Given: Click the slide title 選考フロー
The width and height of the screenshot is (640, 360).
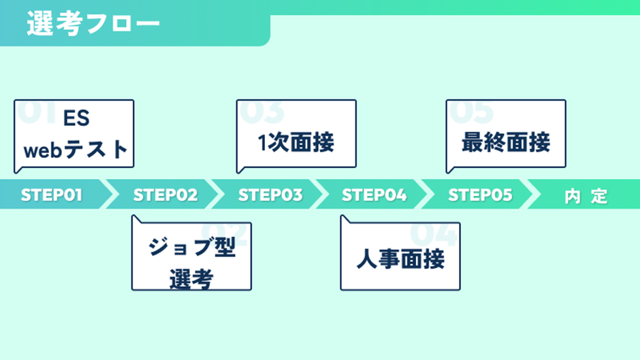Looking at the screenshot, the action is coord(93,23).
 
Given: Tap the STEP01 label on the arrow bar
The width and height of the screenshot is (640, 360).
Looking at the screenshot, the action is coord(52,195).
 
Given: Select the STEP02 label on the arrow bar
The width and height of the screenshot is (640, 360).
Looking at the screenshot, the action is coord(165,195).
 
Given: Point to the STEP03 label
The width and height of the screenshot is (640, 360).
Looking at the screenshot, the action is coord(270,195).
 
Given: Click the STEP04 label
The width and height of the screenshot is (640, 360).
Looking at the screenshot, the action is coord(374,195).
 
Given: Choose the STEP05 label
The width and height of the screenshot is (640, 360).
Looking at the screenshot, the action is coord(480,195).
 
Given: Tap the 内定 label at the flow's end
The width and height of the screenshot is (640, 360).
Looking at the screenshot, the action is coord(586,196).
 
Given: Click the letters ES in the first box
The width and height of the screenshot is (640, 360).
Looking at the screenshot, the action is coord(76,118).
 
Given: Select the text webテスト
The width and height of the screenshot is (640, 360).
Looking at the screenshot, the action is coord(76,150).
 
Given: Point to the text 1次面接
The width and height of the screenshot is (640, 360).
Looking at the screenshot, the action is coord(296,142).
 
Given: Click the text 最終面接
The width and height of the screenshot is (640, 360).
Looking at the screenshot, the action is coord(506,142).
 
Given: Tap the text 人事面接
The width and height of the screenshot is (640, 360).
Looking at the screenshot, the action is coord(400,259).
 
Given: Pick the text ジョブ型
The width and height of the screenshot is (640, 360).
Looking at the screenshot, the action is coord(192,246).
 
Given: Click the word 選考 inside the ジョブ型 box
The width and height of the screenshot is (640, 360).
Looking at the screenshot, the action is coord(191,279).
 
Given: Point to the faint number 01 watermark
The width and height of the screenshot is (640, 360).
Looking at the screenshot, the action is coord(37,112).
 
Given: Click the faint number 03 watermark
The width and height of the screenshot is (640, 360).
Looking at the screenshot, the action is coord(261,112).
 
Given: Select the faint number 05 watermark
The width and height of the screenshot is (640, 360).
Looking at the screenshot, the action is coord(471,112).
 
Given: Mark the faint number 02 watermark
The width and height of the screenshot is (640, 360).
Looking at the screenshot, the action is coord(225,234).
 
